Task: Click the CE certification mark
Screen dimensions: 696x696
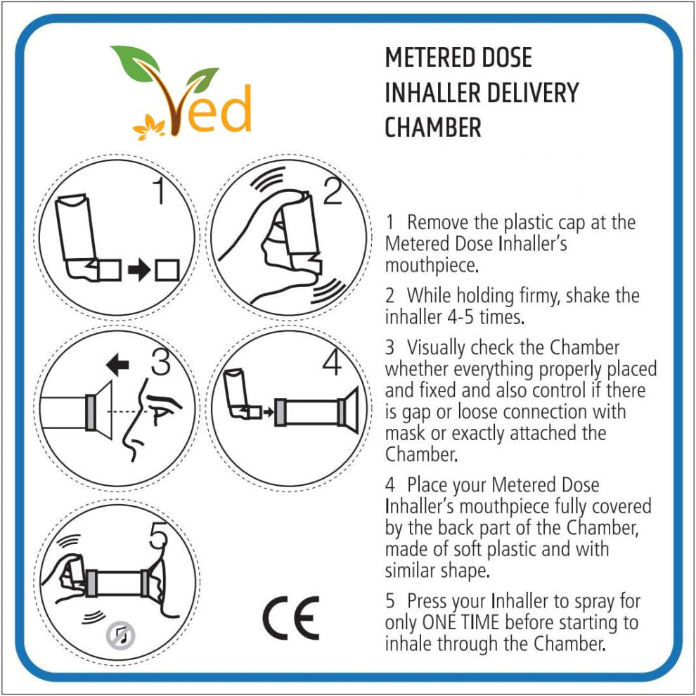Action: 291,618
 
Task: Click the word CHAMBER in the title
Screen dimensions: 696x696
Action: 433,127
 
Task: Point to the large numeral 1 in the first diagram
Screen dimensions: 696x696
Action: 158,190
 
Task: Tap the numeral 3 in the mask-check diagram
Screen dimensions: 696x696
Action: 160,361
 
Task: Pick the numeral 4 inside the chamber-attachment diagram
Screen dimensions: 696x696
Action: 332,361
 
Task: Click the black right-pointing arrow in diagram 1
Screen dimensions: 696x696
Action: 139,270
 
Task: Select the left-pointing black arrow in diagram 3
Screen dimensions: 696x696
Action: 117,365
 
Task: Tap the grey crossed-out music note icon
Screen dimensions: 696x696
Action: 120,636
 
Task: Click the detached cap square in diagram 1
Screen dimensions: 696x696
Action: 167,270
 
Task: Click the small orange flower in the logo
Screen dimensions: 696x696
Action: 149,127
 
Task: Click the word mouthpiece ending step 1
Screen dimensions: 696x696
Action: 432,266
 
